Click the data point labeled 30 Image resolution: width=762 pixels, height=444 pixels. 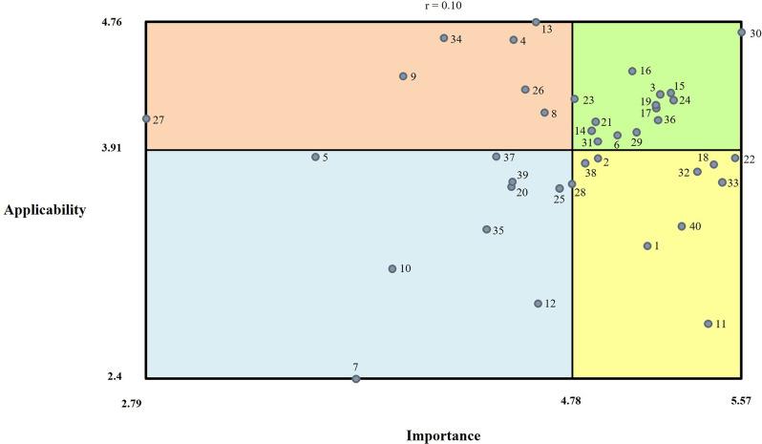pos(741,32)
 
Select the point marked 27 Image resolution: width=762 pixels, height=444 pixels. pos(146,119)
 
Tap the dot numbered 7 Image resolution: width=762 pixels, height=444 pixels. pos(356,379)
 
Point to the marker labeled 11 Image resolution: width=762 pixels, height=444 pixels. pos(708,324)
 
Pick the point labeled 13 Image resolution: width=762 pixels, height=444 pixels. pos(536,22)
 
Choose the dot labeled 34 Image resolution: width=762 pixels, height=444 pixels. pos(444,38)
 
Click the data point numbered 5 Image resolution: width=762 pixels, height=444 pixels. pos(315,157)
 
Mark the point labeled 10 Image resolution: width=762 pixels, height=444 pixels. pos(392,268)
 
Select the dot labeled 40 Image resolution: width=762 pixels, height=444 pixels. pos(682,226)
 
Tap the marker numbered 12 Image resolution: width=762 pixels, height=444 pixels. pos(538,304)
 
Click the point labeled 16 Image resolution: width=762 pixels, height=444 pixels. pos(632,71)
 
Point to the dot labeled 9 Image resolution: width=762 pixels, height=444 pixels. pos(403,76)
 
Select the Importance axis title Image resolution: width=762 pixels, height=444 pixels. pos(444,436)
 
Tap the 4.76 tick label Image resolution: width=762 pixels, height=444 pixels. pos(124,21)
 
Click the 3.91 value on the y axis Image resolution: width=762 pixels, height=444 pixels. pos(124,149)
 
